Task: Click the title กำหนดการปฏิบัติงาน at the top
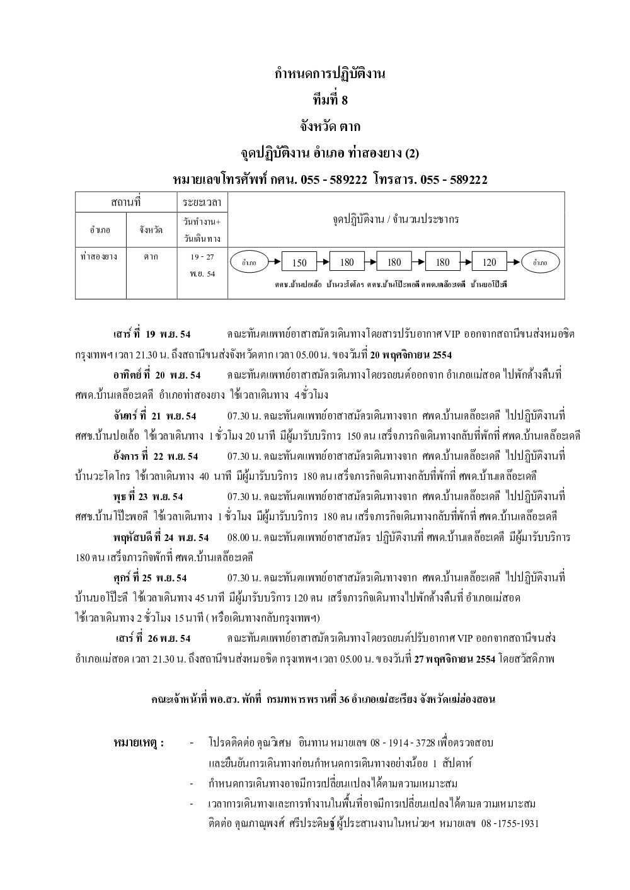pos(329,74)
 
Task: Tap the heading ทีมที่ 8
pos(329,100)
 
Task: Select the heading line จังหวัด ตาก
pos(329,127)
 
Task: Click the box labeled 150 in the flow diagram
pos(299,263)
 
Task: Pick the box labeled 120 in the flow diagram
pos(489,263)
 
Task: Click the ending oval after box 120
pos(540,263)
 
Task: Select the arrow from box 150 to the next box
pos(323,262)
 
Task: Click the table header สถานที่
pos(125,202)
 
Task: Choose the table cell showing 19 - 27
pos(202,257)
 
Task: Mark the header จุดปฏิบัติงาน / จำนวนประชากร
pos(395,220)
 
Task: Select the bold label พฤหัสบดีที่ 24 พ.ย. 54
pos(161,537)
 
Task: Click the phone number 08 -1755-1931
pos(510,824)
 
